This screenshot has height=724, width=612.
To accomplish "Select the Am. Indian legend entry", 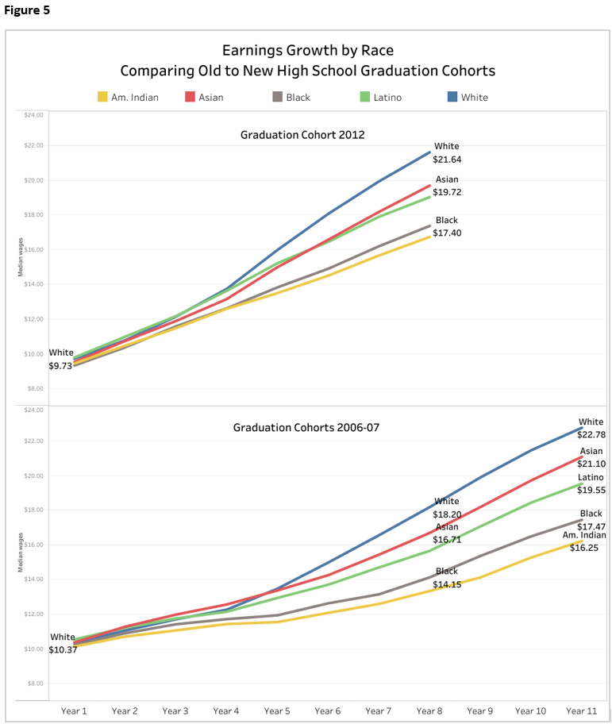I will coord(128,97).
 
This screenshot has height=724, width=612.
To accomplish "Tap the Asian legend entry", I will coord(204,97).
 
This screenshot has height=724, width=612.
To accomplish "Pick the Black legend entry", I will coord(289,97).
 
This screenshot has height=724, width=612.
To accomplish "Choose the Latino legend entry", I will coord(380,97).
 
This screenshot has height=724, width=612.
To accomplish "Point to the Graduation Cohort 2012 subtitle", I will coord(302,135).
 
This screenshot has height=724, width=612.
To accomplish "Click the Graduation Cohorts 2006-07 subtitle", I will coord(306,427).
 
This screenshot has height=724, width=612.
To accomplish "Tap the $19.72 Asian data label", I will coord(448,193).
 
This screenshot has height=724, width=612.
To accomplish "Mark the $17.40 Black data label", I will coord(448,233).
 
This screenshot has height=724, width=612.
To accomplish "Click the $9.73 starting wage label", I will coord(60,366).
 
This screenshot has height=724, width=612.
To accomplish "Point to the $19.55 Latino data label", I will coord(591,491).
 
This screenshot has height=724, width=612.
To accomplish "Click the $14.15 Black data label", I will coord(446,585).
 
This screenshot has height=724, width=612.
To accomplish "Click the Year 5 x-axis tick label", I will coord(277,711).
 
